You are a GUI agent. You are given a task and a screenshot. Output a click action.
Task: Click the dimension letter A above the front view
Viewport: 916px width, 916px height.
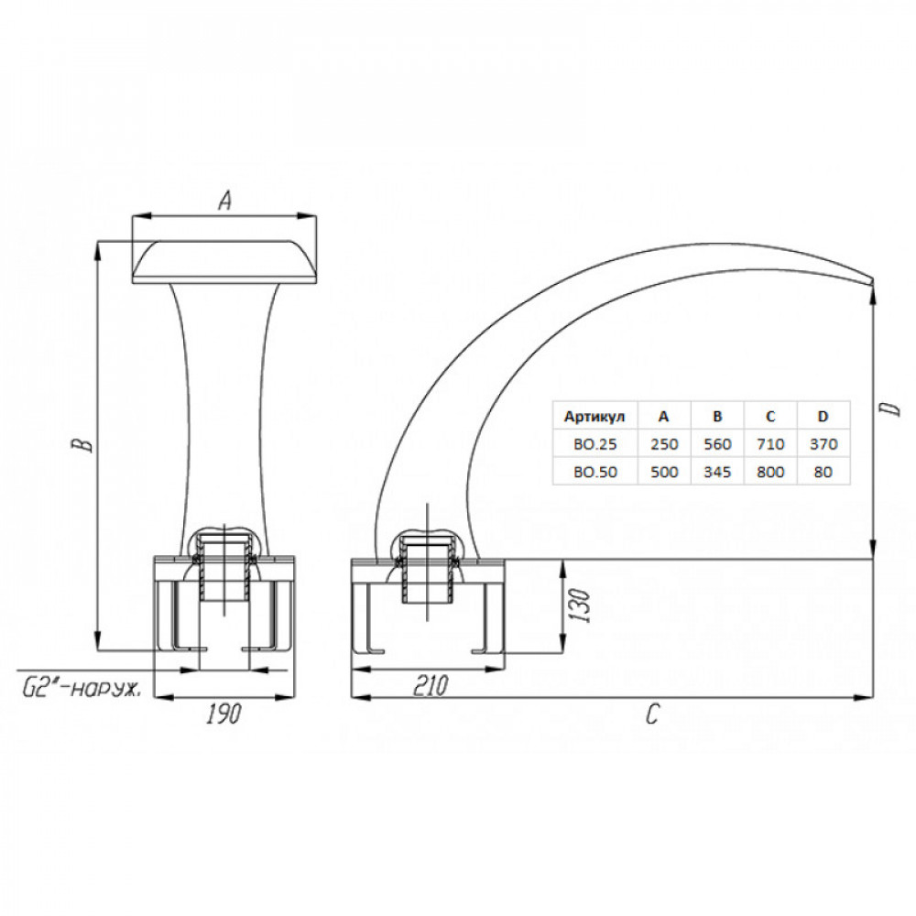point(225,201)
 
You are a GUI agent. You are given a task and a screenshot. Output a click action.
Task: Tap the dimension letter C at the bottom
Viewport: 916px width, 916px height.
point(652,714)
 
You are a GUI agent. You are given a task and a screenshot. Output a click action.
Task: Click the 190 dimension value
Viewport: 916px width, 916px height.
point(224,714)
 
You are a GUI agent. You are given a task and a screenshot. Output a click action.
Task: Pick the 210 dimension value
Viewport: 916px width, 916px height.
point(431,684)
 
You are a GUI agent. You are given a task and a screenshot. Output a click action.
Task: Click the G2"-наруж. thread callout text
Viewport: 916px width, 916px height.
point(82,690)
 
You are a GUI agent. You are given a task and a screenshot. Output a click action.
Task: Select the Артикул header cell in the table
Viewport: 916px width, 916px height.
point(594,417)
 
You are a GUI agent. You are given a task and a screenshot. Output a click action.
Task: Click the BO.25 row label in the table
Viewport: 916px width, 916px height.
point(594,444)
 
